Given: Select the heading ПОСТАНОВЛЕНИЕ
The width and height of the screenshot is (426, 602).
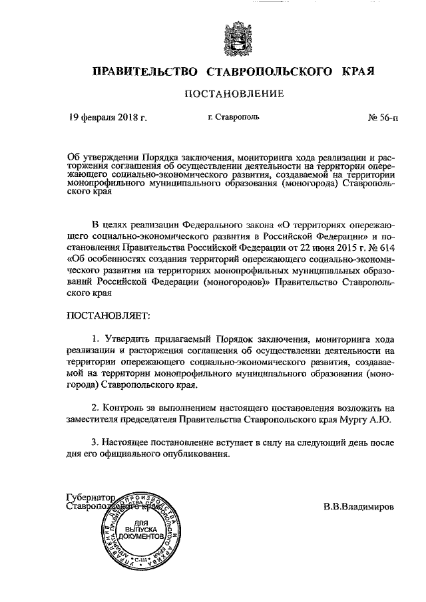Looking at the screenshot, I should (234, 94).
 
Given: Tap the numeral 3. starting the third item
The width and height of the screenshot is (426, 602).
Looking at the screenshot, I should (96, 443).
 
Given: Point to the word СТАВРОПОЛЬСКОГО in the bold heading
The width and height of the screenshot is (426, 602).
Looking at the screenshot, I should (271, 71).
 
